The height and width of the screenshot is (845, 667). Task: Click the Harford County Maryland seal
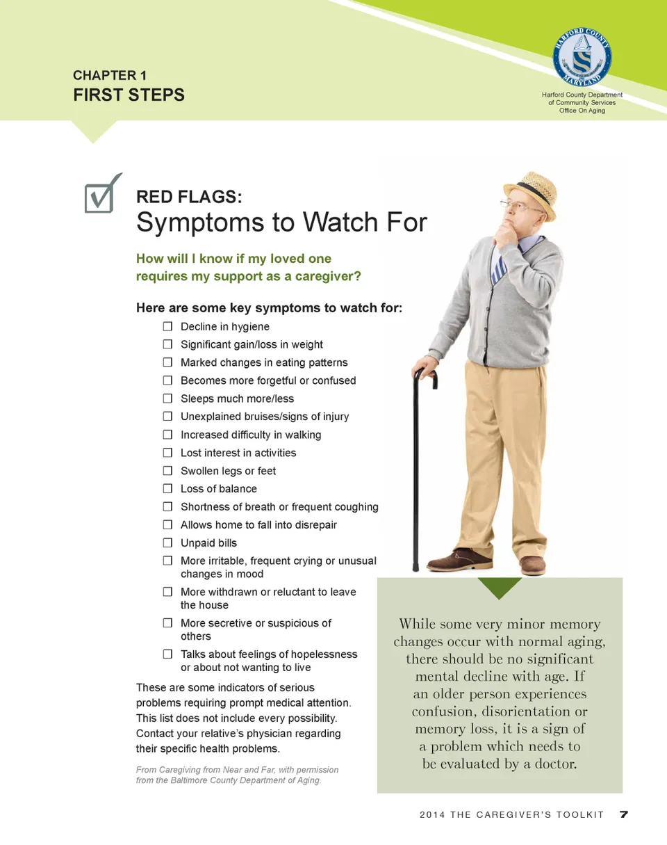[582, 56]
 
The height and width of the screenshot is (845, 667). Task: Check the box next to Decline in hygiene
[167, 326]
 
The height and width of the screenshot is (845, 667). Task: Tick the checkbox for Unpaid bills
[167, 542]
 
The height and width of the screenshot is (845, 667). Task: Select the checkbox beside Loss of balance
[167, 488]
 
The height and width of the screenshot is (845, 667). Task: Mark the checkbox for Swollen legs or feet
[167, 470]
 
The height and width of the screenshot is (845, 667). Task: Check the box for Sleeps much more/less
[167, 399]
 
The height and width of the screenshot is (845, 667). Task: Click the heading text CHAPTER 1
[109, 75]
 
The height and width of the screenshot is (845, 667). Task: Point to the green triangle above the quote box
[500, 588]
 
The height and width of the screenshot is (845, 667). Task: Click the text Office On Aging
[582, 111]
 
